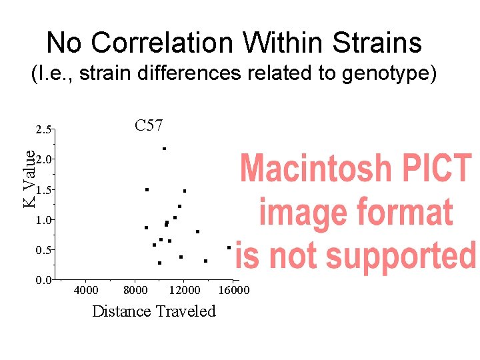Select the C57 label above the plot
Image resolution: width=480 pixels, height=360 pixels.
pyautogui.click(x=149, y=125)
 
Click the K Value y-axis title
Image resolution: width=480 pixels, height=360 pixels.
pyautogui.click(x=29, y=178)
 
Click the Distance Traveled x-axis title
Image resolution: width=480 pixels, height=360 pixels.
pyautogui.click(x=154, y=311)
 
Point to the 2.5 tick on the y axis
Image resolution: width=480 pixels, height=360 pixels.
pyautogui.click(x=43, y=129)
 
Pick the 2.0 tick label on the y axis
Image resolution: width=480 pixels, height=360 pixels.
pyautogui.click(x=43, y=159)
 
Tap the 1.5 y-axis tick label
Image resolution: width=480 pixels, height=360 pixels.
pyautogui.click(x=43, y=190)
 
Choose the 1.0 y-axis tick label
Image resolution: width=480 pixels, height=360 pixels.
pyautogui.click(x=43, y=220)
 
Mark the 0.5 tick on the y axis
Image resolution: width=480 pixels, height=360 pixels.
pyautogui.click(x=43, y=250)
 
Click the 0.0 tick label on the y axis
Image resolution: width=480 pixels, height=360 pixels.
pyautogui.click(x=43, y=279)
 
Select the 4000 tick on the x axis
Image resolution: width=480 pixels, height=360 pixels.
pyautogui.click(x=86, y=290)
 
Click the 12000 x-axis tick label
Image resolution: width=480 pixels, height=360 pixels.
pyautogui.click(x=185, y=290)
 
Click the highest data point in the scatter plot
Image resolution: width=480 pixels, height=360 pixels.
pyautogui.click(x=164, y=148)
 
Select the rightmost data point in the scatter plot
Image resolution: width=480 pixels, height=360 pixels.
pyautogui.click(x=229, y=247)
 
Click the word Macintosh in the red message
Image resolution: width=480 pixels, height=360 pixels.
pyautogui.click(x=315, y=170)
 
